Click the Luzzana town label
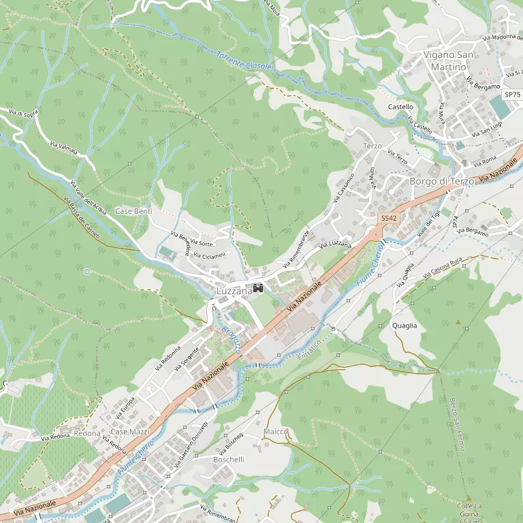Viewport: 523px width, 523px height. [x=234, y=291]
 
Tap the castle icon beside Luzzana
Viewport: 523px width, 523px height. [x=258, y=289]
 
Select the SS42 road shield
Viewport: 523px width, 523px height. [x=388, y=218]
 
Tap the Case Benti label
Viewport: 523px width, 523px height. [x=133, y=212]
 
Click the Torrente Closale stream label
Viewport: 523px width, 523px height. [x=244, y=61]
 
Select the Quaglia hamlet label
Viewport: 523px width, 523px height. [x=405, y=326]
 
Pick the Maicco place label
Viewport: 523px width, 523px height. [x=276, y=432]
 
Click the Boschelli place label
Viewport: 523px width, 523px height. [x=228, y=460]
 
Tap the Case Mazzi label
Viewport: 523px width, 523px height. [x=129, y=432]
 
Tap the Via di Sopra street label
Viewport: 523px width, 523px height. [x=24, y=112]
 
